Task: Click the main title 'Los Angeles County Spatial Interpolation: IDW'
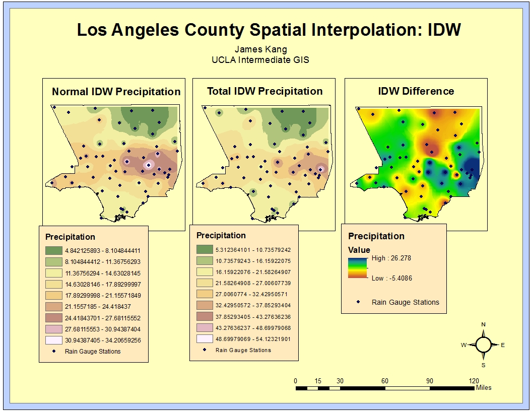click(x=268, y=30)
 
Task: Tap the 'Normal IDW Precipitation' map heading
click(x=116, y=92)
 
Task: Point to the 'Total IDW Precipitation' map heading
click(x=264, y=91)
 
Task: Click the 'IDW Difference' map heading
click(x=416, y=91)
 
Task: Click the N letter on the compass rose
click(x=483, y=324)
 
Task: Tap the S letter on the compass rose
click(x=483, y=365)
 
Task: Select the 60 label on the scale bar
click(x=385, y=381)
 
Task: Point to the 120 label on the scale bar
click(x=474, y=381)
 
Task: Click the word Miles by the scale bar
click(x=483, y=388)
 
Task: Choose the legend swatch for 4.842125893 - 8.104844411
click(x=53, y=250)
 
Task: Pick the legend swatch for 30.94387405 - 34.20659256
click(x=53, y=340)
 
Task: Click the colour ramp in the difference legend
click(x=358, y=267)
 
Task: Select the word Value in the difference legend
click(x=359, y=250)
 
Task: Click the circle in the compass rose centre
click(x=483, y=345)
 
